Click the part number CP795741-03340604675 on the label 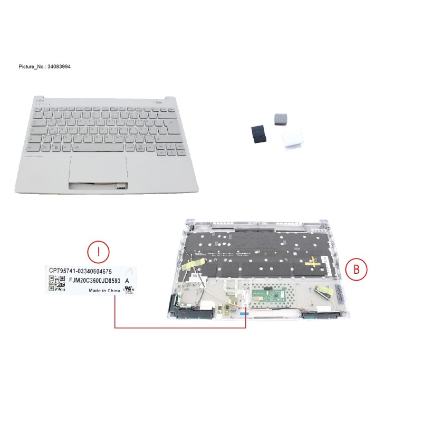click(x=80, y=271)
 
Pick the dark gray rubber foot click(x=280, y=119)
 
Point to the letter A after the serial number click(x=126, y=281)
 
